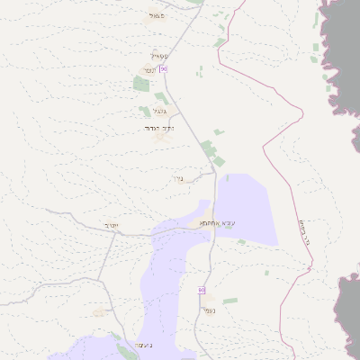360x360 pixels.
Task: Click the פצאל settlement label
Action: pos(158,16)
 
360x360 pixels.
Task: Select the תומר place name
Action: pos(149,70)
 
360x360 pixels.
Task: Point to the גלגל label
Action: pos(160,112)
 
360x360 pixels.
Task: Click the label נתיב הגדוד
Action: pos(158,129)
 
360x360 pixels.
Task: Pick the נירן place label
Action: pos(176,178)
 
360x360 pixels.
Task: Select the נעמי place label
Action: pos(209,311)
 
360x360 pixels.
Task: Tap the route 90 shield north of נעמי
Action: pos(202,290)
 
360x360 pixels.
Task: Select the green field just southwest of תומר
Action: pos(141,84)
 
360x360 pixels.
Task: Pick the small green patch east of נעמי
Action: pos(230,301)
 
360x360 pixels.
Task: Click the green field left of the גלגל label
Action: pos(144,112)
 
